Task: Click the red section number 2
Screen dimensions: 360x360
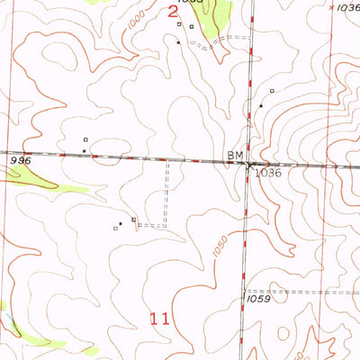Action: click(x=175, y=12)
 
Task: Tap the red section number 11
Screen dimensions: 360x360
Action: click(x=159, y=318)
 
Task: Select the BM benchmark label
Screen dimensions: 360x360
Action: click(x=236, y=157)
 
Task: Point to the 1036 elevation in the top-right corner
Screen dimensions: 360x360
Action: click(x=346, y=7)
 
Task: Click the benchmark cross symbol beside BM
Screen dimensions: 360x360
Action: click(x=249, y=165)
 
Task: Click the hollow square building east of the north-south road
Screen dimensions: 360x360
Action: click(x=271, y=91)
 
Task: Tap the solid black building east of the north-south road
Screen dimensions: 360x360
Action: click(x=261, y=106)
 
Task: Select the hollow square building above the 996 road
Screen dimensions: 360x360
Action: click(x=85, y=139)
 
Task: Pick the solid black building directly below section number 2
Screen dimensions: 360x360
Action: click(x=178, y=42)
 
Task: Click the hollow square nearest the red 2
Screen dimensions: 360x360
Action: click(x=180, y=24)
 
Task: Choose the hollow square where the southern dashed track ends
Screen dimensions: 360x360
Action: click(x=134, y=219)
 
